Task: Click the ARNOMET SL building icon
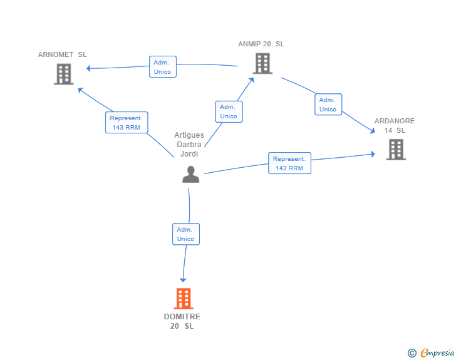[63, 75]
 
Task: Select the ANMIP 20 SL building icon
[262, 63]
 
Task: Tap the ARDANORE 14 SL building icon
[395, 149]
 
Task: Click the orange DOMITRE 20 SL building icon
[183, 299]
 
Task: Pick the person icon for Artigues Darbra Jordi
[190, 174]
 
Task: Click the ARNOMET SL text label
[62, 54]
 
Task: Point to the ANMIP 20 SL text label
[261, 44]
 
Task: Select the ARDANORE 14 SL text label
[395, 125]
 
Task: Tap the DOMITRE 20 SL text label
[182, 321]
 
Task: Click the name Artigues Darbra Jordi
[189, 145]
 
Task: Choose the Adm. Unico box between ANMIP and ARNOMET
[162, 67]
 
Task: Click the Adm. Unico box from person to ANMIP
[229, 111]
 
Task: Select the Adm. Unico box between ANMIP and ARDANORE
[328, 105]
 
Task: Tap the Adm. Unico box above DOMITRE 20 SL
[186, 234]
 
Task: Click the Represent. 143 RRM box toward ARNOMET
[127, 123]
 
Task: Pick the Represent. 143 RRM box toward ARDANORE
[289, 163]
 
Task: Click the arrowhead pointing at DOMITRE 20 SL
[183, 279]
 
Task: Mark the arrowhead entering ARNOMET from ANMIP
[89, 68]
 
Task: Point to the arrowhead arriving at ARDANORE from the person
[373, 153]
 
